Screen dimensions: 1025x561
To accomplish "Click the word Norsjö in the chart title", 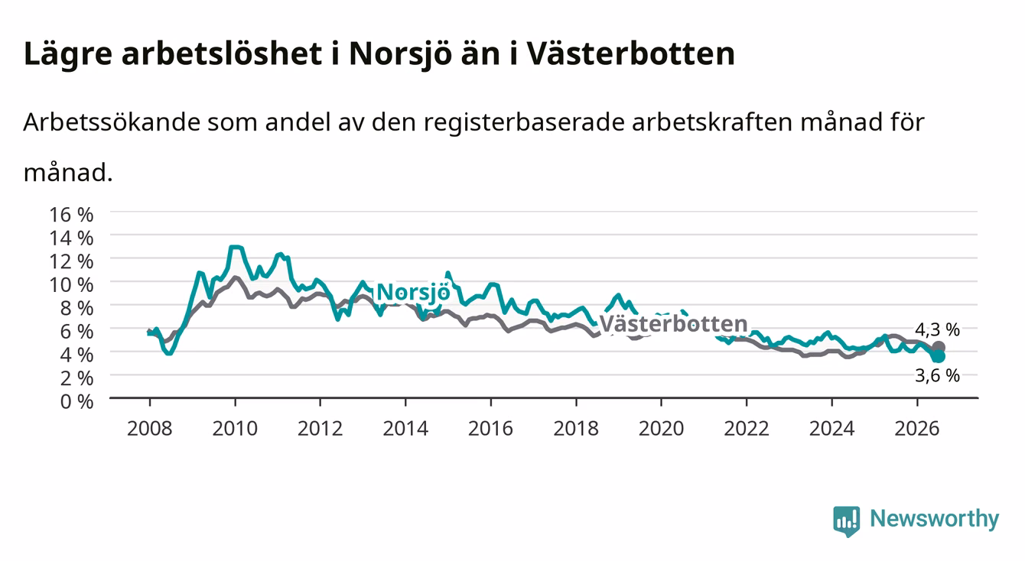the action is click(x=400, y=55).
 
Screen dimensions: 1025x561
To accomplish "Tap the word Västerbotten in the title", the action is click(x=630, y=54).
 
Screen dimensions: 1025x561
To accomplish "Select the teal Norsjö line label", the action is click(x=413, y=292).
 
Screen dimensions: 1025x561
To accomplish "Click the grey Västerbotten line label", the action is click(x=673, y=324).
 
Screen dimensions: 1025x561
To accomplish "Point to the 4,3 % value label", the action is click(x=937, y=329).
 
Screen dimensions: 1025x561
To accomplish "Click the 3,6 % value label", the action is click(x=937, y=376).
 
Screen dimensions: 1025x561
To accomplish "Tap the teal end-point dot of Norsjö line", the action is click(x=938, y=356).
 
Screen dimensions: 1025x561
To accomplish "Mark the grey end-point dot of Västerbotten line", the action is click(x=939, y=347).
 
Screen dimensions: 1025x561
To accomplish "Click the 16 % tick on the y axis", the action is click(x=71, y=215).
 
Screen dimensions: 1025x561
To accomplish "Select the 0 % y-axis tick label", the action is click(x=76, y=401).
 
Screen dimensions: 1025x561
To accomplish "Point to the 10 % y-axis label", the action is click(x=71, y=285).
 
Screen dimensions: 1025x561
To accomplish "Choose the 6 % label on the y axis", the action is click(x=76, y=332).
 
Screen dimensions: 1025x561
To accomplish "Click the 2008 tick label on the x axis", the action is click(x=150, y=429).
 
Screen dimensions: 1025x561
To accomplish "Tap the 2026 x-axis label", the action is click(x=917, y=429).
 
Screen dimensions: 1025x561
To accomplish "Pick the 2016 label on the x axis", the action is click(x=490, y=429).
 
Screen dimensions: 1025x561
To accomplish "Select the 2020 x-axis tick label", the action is click(x=661, y=429).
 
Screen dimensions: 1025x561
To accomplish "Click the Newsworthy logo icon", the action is click(x=847, y=521).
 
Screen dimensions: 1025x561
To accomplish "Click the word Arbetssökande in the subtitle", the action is click(x=112, y=122).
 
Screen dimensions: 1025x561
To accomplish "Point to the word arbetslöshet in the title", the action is click(x=222, y=54).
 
